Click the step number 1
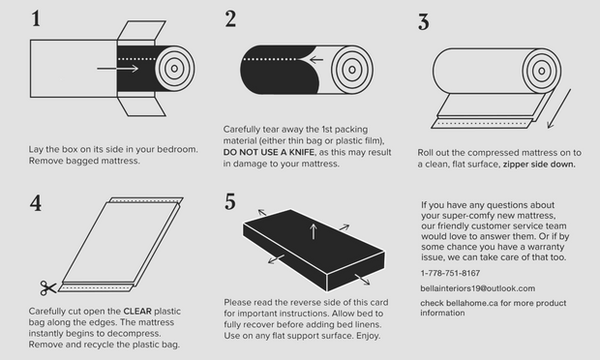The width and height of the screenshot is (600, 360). [x=36, y=18]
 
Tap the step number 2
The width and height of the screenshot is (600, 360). [x=230, y=18]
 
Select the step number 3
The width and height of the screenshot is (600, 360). [x=424, y=22]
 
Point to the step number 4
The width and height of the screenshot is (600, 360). [x=36, y=203]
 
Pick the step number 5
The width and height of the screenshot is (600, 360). [x=230, y=201]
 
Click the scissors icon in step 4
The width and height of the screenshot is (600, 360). [x=47, y=287]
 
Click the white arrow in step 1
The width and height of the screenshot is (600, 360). [x=117, y=69]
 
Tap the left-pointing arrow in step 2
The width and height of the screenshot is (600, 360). [x=316, y=60]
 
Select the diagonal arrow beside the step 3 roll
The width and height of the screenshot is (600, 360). [x=559, y=108]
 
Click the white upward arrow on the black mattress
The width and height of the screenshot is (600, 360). [x=314, y=232]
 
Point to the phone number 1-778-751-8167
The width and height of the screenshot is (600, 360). [x=450, y=273]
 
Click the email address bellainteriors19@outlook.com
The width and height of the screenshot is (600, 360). [x=477, y=288]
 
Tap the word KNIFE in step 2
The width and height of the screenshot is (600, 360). [x=302, y=152]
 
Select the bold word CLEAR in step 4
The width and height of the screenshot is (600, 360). [x=137, y=311]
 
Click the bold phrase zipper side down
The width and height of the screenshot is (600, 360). [x=539, y=165]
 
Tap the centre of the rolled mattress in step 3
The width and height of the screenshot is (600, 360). [x=542, y=71]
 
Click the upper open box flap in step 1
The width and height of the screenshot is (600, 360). [x=141, y=30]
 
